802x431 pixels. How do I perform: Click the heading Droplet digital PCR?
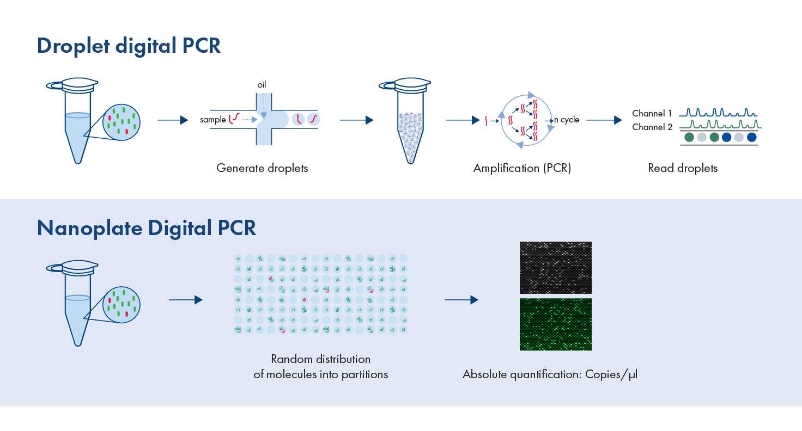[129, 46]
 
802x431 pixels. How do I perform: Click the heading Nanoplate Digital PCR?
[146, 227]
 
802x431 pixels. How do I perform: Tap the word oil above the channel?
[262, 85]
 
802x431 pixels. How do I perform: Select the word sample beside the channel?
[212, 120]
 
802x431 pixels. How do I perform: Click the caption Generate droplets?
[262, 168]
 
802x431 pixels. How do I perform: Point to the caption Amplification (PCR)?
[522, 168]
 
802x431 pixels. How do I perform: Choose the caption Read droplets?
[683, 168]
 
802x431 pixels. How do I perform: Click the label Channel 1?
[652, 114]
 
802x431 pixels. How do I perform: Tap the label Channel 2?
[652, 127]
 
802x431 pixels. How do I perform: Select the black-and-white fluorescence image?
[556, 268]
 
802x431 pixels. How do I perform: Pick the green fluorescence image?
[556, 324]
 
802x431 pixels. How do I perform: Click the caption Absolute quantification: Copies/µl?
[550, 374]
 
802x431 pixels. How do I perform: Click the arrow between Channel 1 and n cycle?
[604, 120]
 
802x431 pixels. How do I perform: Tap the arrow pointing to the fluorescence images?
[461, 300]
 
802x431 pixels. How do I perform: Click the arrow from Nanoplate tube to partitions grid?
[185, 300]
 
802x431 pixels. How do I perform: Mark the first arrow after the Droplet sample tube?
[173, 120]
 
